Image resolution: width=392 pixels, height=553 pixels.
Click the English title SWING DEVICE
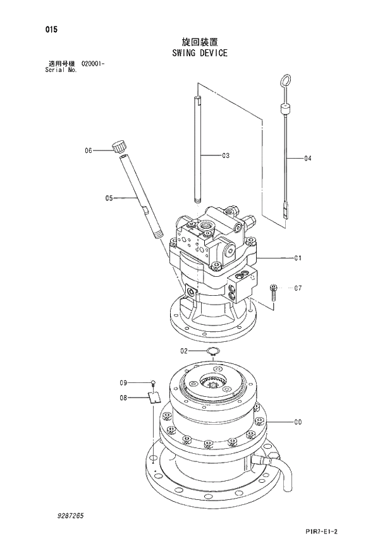coord(199,53)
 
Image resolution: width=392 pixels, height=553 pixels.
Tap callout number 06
coord(89,150)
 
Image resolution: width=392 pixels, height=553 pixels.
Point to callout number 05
coord(109,198)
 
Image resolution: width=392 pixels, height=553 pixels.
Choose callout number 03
coord(225,155)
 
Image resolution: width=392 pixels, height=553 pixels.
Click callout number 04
coord(308,159)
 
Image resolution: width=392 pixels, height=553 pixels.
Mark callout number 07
coord(298,288)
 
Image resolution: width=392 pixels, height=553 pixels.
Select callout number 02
coord(184,350)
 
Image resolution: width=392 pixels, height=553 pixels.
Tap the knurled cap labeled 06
coord(118,146)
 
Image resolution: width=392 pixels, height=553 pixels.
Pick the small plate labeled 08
coord(153,397)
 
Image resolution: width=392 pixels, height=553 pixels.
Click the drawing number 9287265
coord(69,516)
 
